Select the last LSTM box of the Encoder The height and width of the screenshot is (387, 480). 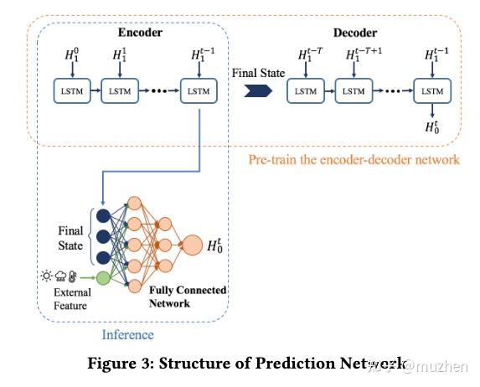tap(198, 91)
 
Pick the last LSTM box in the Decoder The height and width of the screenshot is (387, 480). tap(431, 91)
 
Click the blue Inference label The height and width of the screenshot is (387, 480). tap(127, 335)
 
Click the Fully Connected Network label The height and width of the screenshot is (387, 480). tap(188, 296)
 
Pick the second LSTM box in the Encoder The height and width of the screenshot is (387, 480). tap(118, 91)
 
